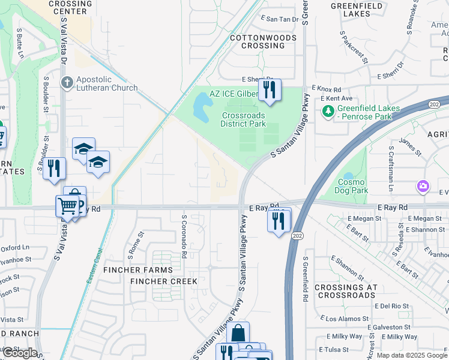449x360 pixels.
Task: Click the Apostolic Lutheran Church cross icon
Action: [67, 82]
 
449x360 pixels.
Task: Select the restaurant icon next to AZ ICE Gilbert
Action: [270, 90]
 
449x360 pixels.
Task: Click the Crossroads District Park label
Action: [243, 119]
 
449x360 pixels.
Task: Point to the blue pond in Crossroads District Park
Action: [202, 109]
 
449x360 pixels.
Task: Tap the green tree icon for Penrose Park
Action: [328, 111]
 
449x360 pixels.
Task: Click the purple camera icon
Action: [424, 187]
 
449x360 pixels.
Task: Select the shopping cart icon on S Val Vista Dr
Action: [67, 206]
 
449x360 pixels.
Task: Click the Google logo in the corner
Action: [20, 353]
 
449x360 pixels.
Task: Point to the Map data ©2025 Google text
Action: [411, 355]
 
